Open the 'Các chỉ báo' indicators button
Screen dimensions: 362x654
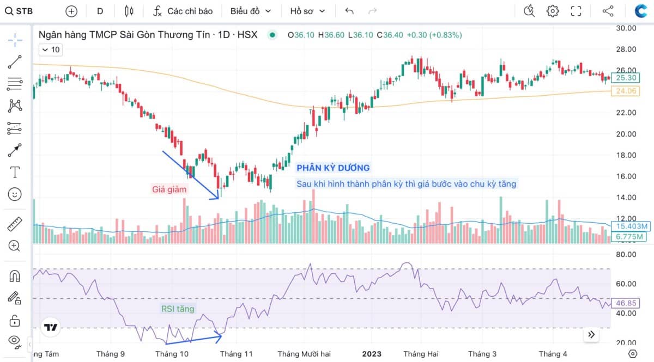[183, 11]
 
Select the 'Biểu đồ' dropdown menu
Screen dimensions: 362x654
[250, 11]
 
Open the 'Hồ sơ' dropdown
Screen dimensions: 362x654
[307, 11]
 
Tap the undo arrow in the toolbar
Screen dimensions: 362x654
[349, 11]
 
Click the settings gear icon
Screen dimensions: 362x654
[553, 11]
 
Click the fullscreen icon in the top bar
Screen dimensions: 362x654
[576, 11]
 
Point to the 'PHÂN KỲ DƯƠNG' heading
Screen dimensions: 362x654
[333, 168]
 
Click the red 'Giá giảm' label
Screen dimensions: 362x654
[169, 189]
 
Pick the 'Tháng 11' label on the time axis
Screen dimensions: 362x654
[237, 354]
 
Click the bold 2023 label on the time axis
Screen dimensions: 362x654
[372, 354]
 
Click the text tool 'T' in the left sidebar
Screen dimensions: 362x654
[15, 173]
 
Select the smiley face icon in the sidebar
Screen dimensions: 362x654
[15, 194]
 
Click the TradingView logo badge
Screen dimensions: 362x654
[51, 328]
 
